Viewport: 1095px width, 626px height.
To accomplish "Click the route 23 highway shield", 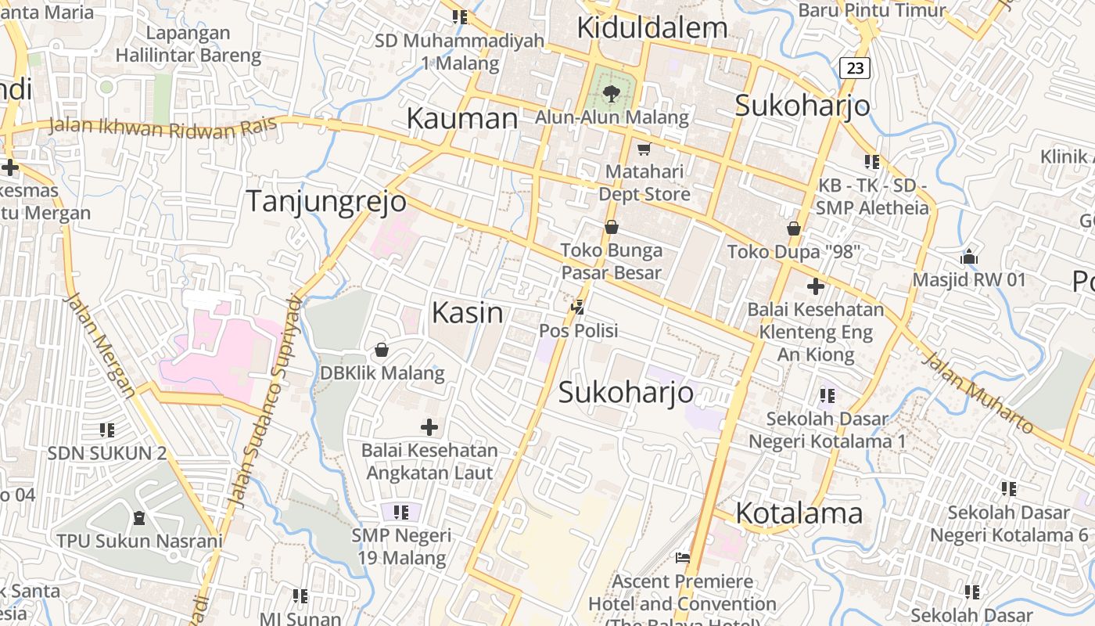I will click(855, 68).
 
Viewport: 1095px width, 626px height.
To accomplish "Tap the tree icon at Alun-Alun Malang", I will click(611, 94).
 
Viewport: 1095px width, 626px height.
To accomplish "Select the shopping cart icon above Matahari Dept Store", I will click(644, 149).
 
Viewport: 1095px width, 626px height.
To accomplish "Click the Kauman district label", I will click(461, 119).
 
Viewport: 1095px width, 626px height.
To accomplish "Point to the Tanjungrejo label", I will click(326, 202).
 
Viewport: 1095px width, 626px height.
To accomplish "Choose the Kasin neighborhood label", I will click(468, 313).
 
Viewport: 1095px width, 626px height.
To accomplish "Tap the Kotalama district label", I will click(799, 513).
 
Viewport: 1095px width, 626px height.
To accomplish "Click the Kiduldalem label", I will click(652, 28).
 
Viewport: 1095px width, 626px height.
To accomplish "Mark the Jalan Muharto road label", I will click(977, 394).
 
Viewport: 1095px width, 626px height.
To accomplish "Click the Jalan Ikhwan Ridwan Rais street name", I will click(162, 128).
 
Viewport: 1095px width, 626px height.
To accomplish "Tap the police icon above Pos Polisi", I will click(578, 308).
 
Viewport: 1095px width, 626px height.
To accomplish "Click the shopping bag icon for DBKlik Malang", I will click(382, 349).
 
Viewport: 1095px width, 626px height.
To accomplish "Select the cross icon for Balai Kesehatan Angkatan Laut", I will click(429, 427).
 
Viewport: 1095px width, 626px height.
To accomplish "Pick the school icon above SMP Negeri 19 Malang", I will click(400, 513).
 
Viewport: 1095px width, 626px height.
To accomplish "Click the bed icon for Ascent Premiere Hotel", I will click(682, 558).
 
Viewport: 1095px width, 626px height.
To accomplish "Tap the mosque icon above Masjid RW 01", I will click(968, 257).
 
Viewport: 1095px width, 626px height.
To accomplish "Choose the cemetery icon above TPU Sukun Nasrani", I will click(139, 517).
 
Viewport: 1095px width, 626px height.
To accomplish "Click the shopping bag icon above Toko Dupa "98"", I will click(794, 228).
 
